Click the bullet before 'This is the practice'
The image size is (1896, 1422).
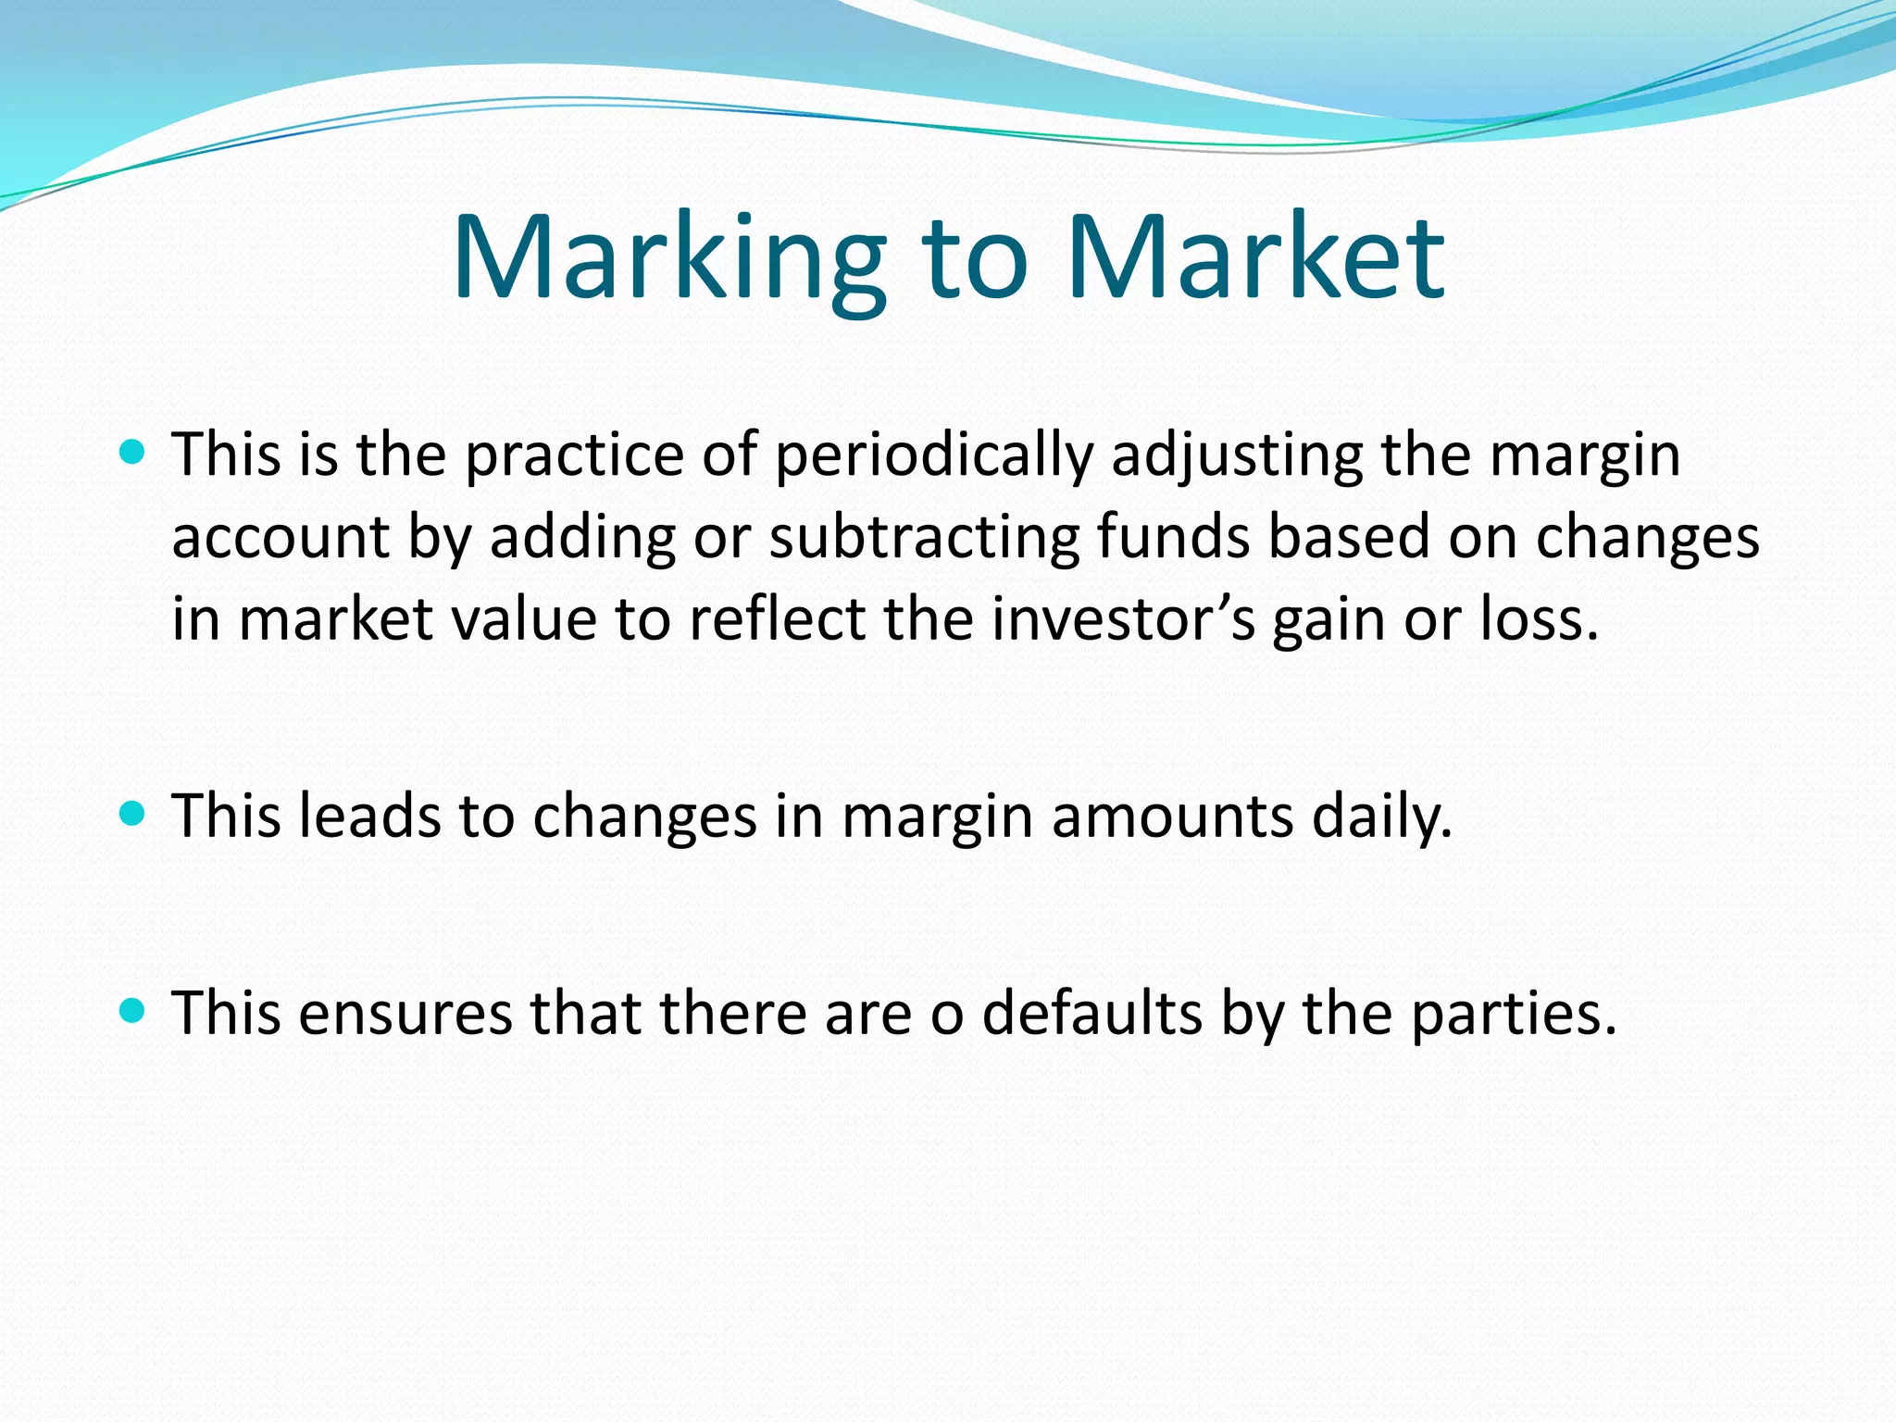(133, 453)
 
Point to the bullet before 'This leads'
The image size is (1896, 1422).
(133, 814)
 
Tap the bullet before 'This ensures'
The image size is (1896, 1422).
(133, 1010)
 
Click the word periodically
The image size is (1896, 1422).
(933, 455)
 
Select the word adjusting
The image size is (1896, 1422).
(1237, 455)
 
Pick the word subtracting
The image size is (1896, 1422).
(924, 537)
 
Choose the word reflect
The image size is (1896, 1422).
(777, 618)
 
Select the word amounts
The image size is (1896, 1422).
(1172, 817)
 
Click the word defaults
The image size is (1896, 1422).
(1091, 1013)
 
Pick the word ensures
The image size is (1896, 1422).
(405, 1013)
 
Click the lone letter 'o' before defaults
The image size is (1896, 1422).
(946, 1015)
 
